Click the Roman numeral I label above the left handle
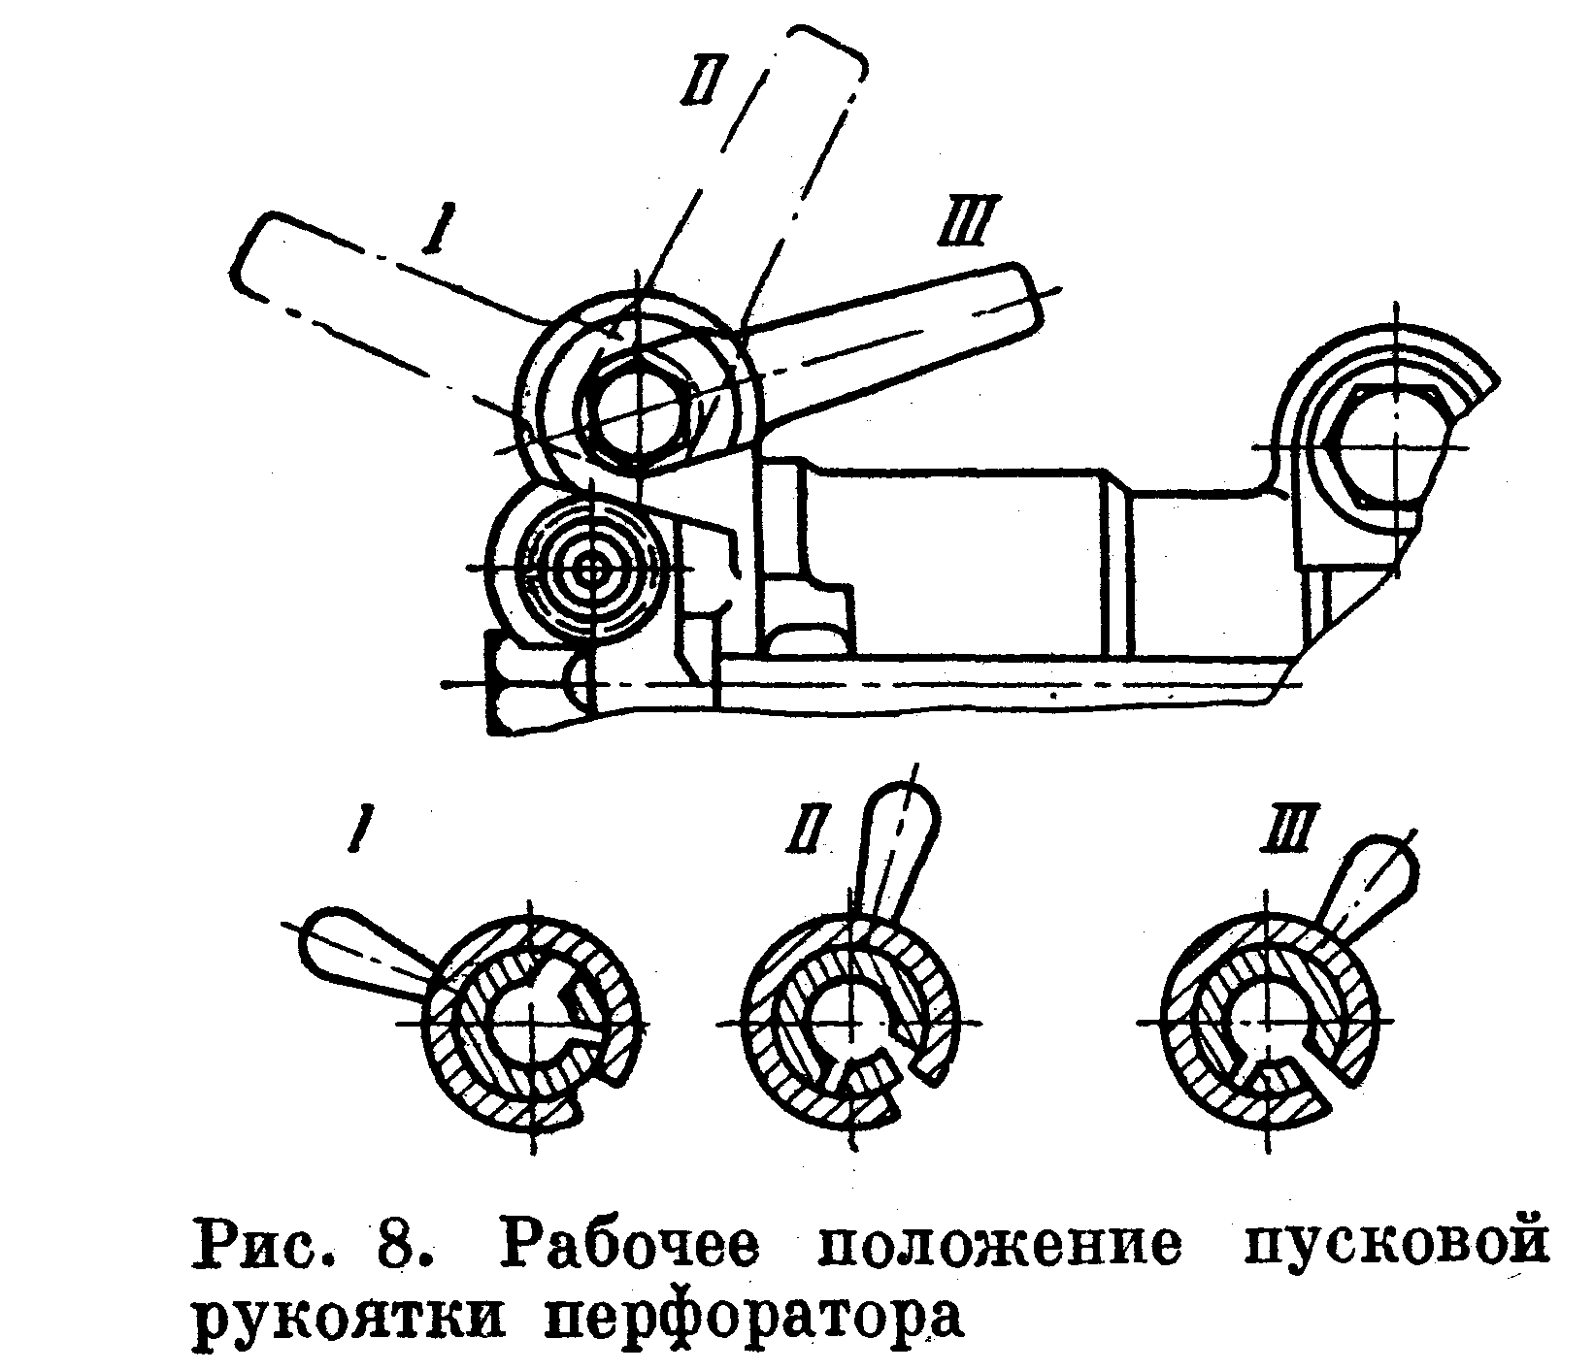tap(432, 228)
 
